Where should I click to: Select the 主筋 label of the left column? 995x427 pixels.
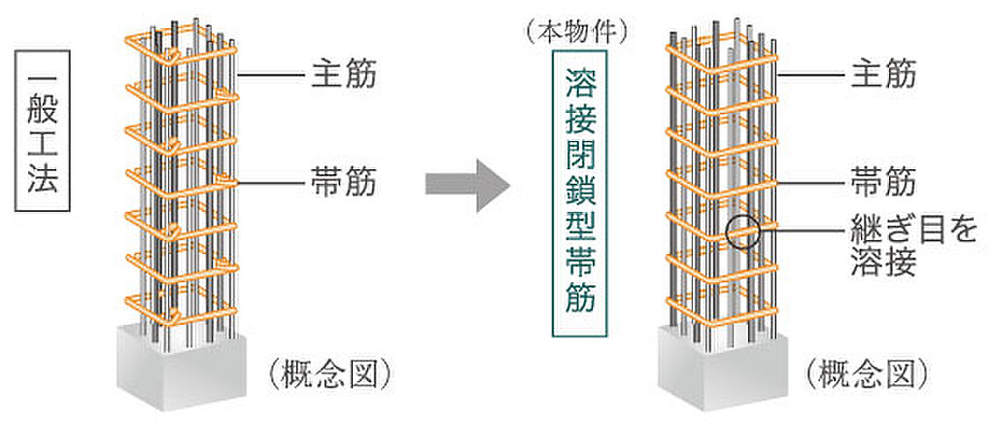343,74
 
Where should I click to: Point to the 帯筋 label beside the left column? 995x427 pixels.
343,181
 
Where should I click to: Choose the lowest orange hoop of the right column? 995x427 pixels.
724,316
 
